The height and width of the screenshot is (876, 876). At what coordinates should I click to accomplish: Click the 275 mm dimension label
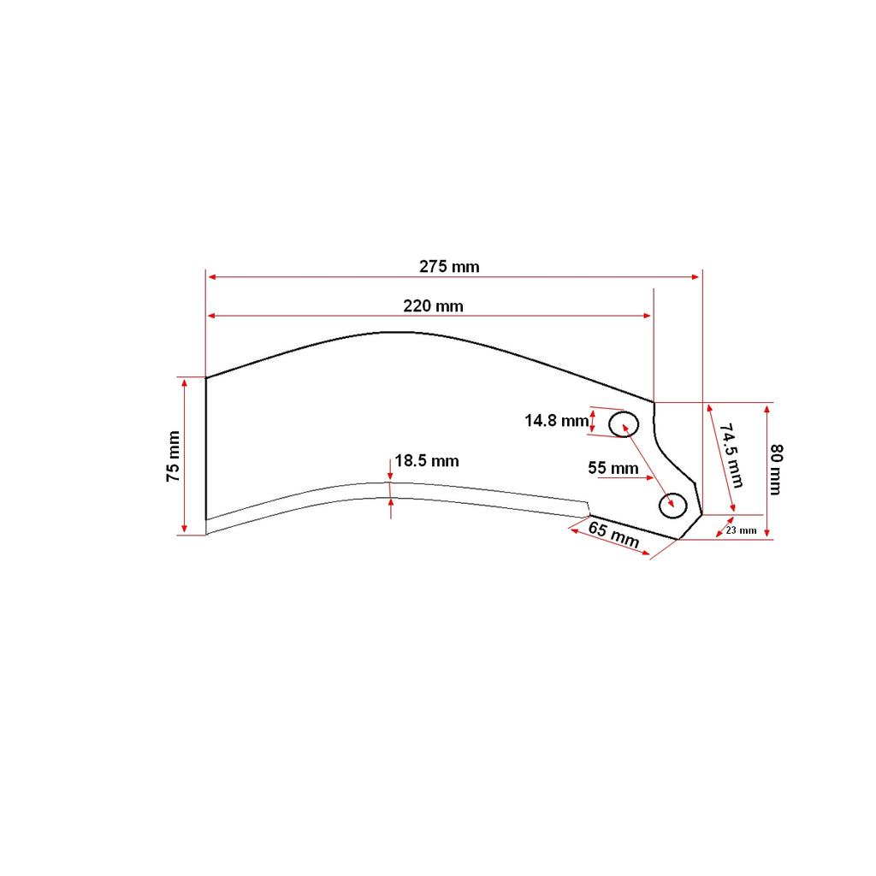click(449, 267)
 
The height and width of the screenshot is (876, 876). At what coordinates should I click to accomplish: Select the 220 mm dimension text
click(433, 306)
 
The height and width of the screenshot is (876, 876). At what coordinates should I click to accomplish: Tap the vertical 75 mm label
click(173, 457)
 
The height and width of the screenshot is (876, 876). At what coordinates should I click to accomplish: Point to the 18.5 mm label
click(427, 461)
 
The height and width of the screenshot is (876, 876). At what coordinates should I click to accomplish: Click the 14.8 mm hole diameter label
click(556, 421)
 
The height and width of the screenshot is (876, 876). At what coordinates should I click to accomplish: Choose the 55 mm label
click(613, 468)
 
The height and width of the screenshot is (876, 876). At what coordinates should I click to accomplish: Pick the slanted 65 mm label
click(613, 535)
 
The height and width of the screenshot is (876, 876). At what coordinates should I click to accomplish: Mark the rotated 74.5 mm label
click(731, 455)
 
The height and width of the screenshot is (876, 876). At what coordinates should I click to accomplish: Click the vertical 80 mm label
click(776, 470)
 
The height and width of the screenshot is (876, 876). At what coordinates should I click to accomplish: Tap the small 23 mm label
click(742, 530)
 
